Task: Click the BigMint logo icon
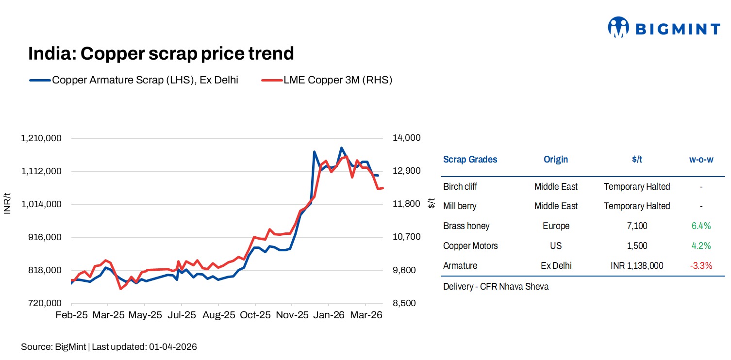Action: (x=618, y=28)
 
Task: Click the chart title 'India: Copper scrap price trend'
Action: (x=161, y=53)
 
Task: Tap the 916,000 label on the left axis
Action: (x=44, y=237)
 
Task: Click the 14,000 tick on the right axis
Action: (x=406, y=138)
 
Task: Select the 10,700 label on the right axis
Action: (x=406, y=237)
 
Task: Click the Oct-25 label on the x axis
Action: (x=255, y=315)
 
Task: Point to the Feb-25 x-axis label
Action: (x=72, y=315)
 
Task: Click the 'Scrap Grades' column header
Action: (x=470, y=160)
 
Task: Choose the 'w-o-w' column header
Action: (x=701, y=160)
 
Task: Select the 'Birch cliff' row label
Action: (x=460, y=187)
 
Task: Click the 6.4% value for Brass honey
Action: (x=701, y=226)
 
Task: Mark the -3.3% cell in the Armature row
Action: (x=701, y=266)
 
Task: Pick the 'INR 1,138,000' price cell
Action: (x=637, y=266)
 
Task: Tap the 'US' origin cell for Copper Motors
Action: (x=556, y=246)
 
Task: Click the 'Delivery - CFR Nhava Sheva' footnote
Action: (x=496, y=287)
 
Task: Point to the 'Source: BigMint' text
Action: (x=53, y=347)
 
